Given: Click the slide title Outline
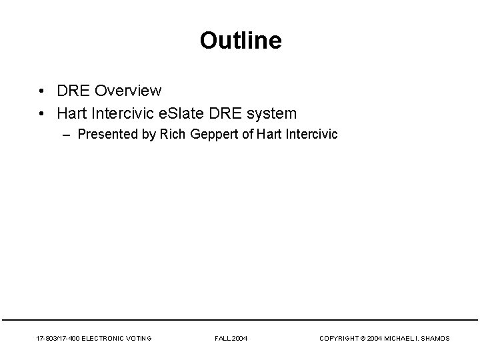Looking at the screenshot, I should tap(240, 41).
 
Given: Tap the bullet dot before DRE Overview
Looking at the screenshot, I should tap(41, 91).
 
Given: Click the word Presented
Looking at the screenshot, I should tap(107, 135).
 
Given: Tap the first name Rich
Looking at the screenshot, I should tap(172, 135).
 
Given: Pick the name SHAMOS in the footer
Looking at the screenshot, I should tap(435, 339).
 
